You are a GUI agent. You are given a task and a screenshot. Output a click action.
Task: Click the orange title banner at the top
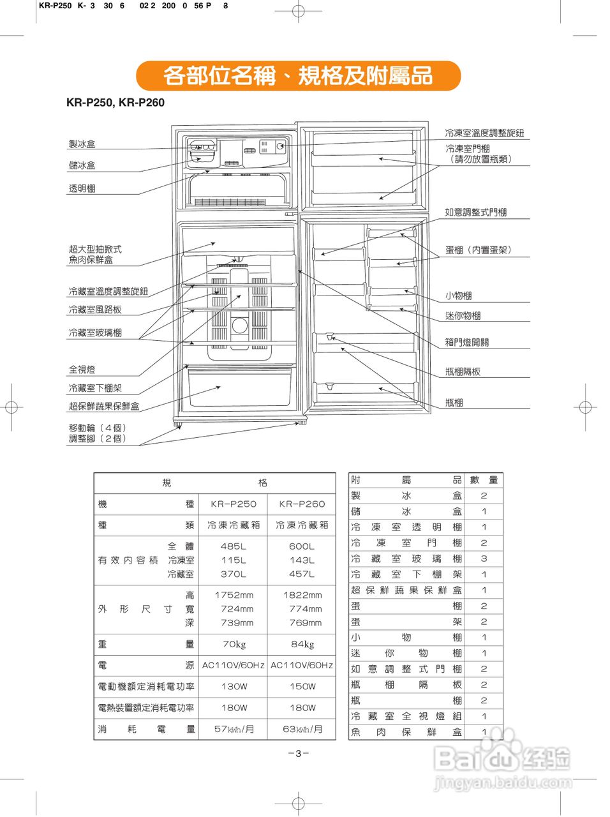tap(298, 76)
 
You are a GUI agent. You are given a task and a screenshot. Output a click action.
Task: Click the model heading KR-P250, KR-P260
tap(115, 103)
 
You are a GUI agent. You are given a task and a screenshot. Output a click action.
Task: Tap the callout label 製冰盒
tap(82, 144)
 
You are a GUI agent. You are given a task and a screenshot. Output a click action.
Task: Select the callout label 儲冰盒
tap(82, 165)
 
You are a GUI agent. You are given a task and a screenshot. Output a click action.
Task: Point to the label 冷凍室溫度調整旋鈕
tap(484, 133)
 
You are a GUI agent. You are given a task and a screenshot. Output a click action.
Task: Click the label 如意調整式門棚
tap(475, 213)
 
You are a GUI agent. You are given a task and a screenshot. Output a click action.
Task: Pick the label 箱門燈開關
tap(466, 342)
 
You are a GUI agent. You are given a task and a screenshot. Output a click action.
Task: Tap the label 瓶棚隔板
tap(463, 371)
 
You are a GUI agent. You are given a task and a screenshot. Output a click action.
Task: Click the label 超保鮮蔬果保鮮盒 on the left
tap(104, 406)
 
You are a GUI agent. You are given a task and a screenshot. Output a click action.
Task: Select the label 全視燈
tap(82, 370)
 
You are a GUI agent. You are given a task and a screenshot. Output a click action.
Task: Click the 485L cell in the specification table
tap(233, 546)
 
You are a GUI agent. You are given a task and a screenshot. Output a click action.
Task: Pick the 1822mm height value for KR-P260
tap(302, 595)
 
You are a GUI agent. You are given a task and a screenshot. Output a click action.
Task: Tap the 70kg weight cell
tap(234, 644)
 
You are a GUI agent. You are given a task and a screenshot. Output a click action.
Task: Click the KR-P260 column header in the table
tap(302, 504)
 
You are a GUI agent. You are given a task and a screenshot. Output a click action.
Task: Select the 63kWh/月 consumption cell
tap(302, 729)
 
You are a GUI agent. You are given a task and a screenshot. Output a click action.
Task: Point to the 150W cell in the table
tap(302, 687)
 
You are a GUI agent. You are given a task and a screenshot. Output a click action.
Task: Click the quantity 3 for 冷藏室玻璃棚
tap(484, 558)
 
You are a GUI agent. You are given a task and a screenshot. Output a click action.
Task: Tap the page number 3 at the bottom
tap(298, 754)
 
